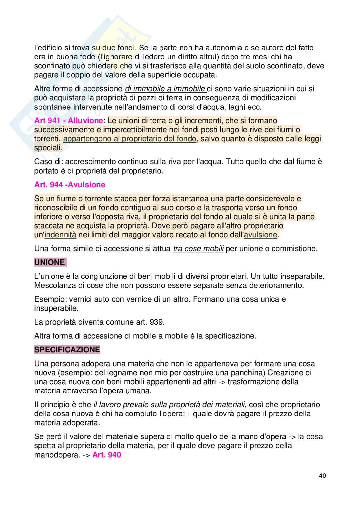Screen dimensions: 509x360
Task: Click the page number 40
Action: coord(322,475)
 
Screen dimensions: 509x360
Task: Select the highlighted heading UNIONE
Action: coord(50,262)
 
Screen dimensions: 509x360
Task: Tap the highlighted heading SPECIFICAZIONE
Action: coord(67,350)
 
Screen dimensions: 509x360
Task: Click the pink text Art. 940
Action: coord(106,455)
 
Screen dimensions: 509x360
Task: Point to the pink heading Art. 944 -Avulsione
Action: coord(70,185)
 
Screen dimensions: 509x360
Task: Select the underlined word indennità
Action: coord(60,235)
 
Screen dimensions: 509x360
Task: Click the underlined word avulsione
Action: coord(261,235)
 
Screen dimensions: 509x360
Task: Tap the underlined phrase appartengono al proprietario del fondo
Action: coord(130,139)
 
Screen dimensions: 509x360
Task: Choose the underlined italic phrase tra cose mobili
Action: coord(198,249)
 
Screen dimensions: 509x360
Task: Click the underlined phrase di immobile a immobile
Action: coord(165,89)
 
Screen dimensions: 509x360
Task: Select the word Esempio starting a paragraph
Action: coord(47,299)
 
